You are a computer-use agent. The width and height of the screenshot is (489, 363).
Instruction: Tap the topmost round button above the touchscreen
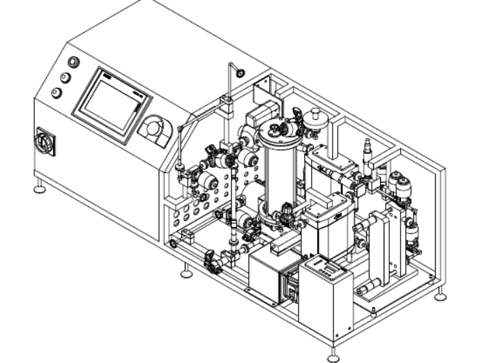[73, 63]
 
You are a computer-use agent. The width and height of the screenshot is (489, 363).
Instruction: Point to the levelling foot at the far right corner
[440, 296]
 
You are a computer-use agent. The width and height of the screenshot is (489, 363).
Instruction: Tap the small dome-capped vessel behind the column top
[315, 118]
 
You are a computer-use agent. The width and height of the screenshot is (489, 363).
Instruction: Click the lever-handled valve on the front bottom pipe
[213, 263]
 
